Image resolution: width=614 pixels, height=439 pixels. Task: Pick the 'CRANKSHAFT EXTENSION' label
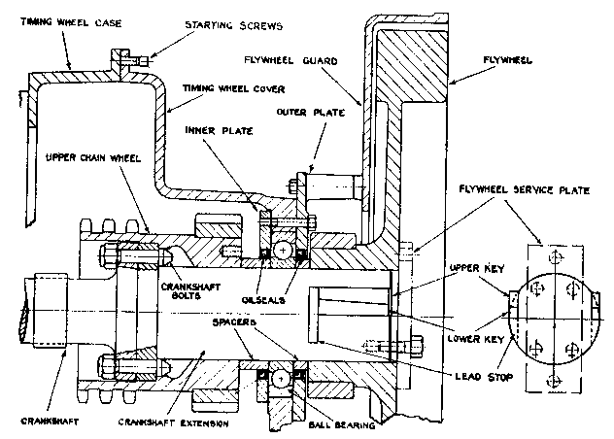coord(173,424)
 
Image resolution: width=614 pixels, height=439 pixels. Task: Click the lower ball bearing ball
coord(282,376)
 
